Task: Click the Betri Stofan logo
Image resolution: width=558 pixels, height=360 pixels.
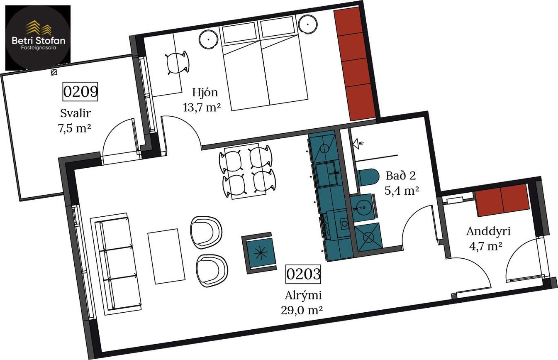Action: pyautogui.click(x=38, y=38)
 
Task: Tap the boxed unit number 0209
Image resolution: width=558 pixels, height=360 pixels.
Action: pyautogui.click(x=80, y=91)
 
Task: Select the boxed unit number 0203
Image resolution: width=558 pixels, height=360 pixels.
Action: pyautogui.click(x=303, y=274)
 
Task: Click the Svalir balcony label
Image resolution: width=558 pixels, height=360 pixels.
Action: pyautogui.click(x=76, y=113)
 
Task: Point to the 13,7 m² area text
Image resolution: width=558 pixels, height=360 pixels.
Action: pyautogui.click(x=202, y=108)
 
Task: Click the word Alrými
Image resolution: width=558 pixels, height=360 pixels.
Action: pyautogui.click(x=303, y=296)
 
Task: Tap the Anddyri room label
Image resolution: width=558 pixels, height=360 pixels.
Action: pyautogui.click(x=488, y=232)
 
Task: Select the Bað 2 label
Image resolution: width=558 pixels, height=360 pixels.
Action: pyautogui.click(x=401, y=176)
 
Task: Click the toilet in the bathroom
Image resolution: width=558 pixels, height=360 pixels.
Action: pyautogui.click(x=368, y=177)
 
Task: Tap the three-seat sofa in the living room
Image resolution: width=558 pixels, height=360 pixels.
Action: pyautogui.click(x=116, y=264)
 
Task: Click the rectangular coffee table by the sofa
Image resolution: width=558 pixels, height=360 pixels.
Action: pyautogui.click(x=166, y=256)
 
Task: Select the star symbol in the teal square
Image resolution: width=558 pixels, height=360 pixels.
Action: pyautogui.click(x=261, y=253)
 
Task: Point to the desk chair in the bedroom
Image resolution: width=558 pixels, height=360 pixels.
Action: pyautogui.click(x=177, y=63)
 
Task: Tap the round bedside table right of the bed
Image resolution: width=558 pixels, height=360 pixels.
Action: pyautogui.click(x=308, y=24)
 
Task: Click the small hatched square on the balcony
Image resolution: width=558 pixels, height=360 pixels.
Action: pyautogui.click(x=54, y=72)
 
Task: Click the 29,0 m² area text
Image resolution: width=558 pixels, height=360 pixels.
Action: pyautogui.click(x=302, y=311)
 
